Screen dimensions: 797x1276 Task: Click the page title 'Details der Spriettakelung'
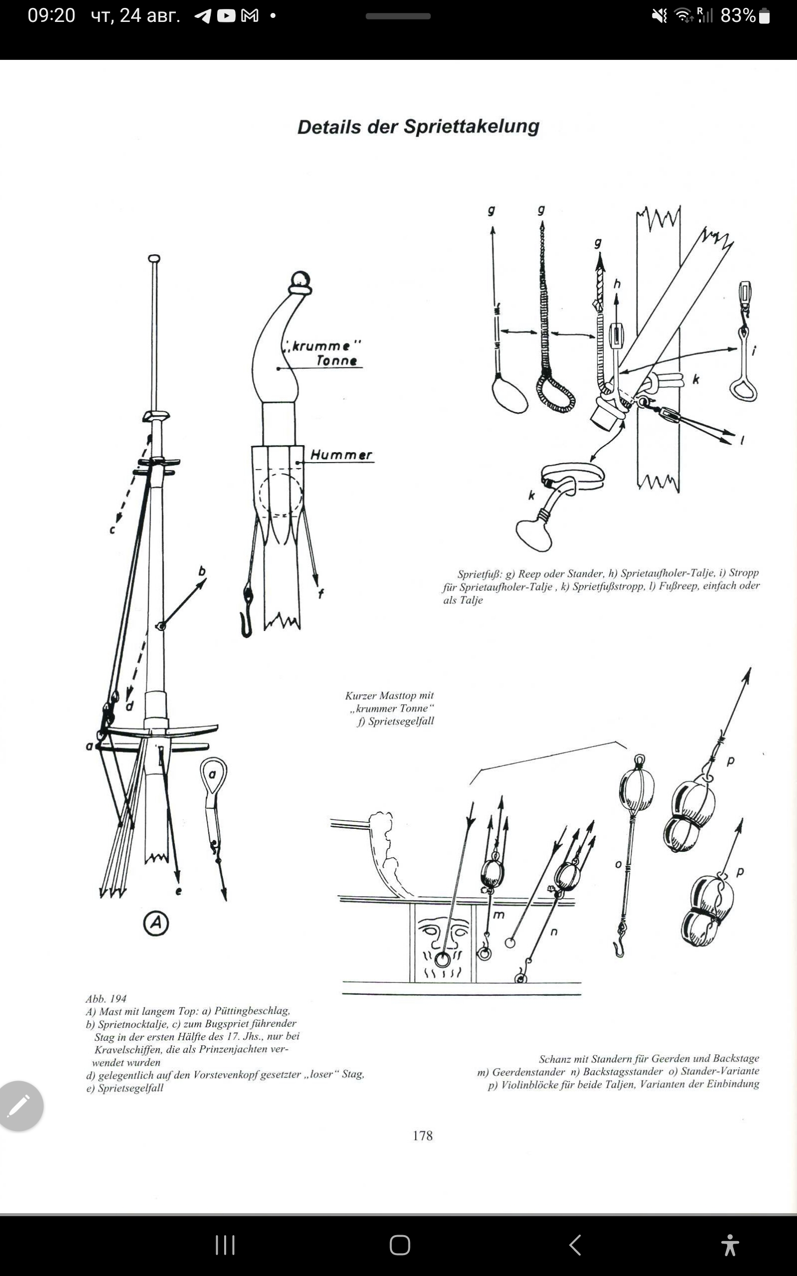418,127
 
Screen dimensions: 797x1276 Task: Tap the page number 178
423,1135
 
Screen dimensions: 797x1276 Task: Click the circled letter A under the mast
156,923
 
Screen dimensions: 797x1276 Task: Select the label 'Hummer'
341,455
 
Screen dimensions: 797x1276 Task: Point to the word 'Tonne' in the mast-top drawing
337,361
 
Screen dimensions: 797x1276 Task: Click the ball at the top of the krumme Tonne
300,279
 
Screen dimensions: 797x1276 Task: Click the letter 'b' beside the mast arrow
202,571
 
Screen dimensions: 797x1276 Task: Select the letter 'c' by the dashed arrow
112,530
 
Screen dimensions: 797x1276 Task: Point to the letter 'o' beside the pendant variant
618,864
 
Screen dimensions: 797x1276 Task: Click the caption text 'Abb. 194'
106,998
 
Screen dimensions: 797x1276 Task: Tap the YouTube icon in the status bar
226,16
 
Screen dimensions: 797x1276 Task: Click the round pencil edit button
20,1106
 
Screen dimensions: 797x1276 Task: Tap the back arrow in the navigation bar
575,1245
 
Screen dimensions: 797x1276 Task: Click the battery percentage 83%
738,16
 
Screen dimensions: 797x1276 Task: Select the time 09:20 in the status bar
51,16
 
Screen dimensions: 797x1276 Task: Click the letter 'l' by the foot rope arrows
742,440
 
